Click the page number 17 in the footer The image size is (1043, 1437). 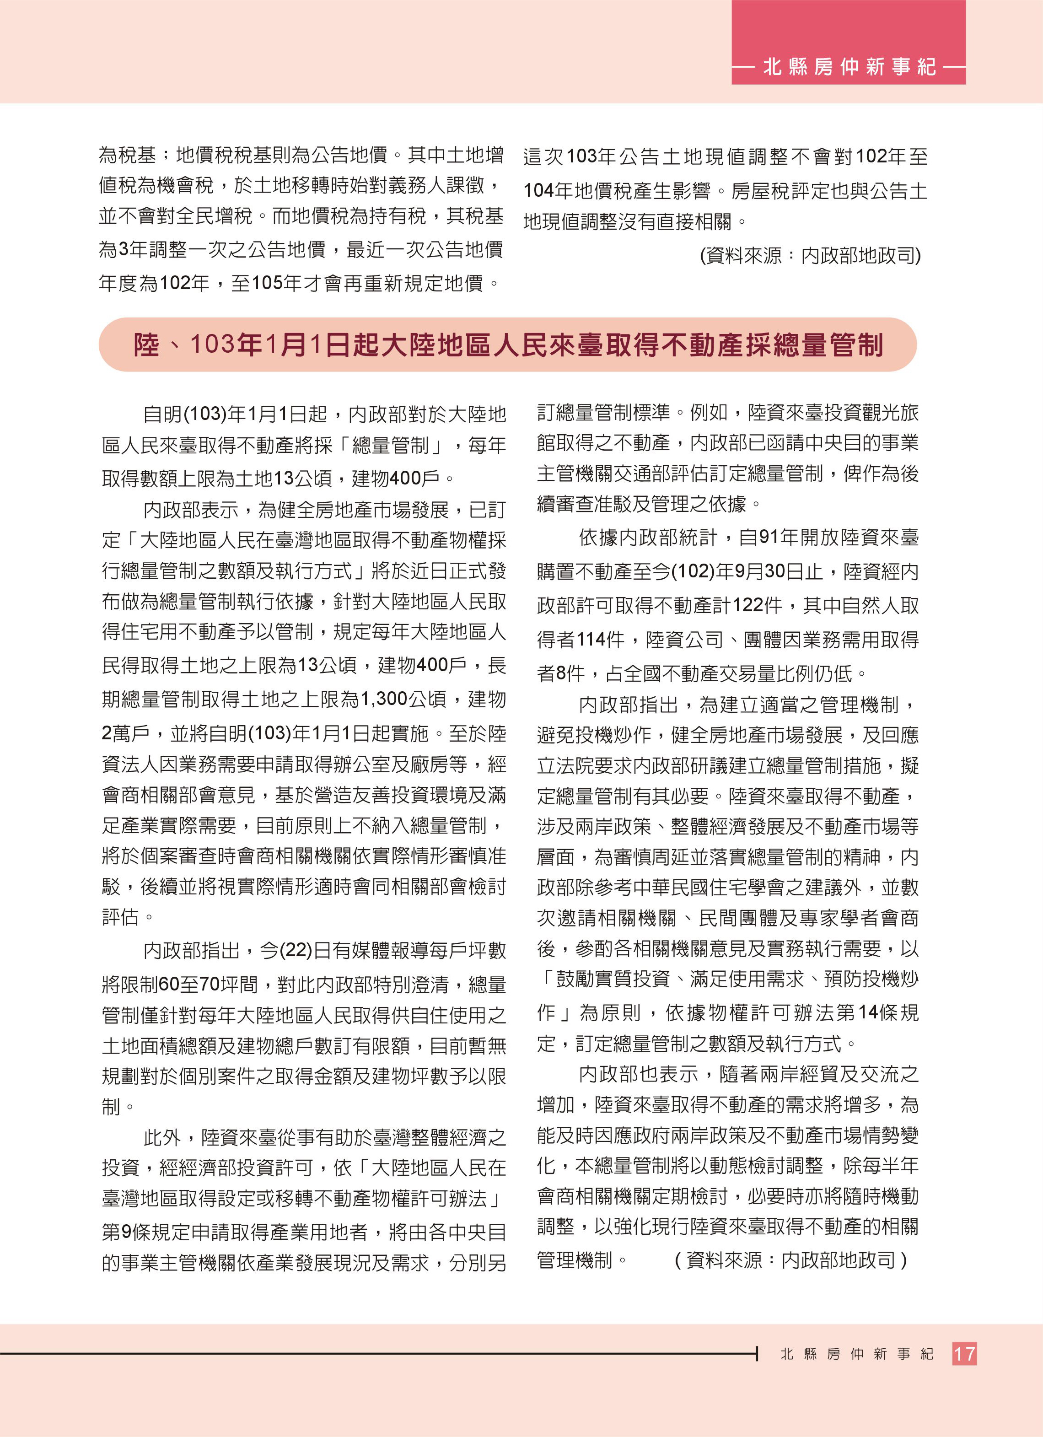964,1354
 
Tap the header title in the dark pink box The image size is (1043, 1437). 849,66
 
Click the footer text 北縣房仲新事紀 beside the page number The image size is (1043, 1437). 857,1354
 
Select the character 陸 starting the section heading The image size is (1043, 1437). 146,345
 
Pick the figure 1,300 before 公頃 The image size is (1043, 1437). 383,699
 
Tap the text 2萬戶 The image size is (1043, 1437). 125,733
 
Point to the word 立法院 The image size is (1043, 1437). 565,765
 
